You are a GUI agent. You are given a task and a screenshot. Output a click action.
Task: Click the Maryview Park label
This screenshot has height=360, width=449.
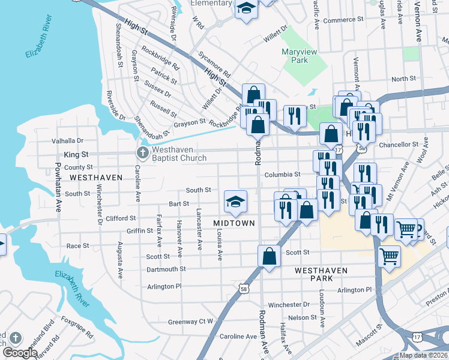point(295,56)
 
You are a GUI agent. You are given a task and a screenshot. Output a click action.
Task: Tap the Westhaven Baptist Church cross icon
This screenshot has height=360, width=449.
point(143,152)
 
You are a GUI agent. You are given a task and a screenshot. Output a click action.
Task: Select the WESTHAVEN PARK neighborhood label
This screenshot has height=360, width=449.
point(322,275)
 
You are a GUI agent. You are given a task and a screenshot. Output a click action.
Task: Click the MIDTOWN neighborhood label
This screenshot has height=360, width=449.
point(234,223)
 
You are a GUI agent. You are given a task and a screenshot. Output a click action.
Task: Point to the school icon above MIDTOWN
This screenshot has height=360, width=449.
point(235,202)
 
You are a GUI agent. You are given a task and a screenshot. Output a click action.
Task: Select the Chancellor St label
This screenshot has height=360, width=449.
point(399,145)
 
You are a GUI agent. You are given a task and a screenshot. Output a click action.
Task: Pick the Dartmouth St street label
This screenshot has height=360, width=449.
point(166,269)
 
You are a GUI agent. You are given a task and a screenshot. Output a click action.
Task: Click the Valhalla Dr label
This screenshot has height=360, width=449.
point(67,140)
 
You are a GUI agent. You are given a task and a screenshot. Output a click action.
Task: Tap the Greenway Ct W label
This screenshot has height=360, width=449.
point(191,322)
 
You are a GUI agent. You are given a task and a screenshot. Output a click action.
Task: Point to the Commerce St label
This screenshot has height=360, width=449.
point(344,20)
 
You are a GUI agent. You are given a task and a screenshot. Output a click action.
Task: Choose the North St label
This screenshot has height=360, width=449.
point(403,79)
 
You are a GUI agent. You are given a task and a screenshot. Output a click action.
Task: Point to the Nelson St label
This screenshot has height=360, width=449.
point(302,317)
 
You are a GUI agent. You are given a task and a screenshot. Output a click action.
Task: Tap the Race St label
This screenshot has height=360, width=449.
point(77,246)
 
